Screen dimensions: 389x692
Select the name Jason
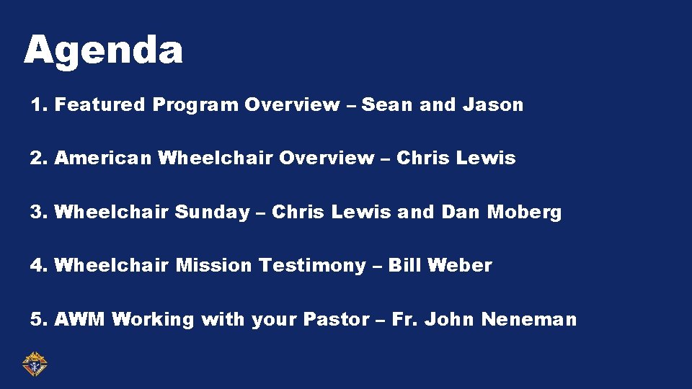point(493,105)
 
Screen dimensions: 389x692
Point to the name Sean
point(388,105)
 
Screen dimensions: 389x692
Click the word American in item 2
point(102,158)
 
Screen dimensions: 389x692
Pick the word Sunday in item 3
point(212,213)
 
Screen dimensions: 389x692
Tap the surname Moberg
point(524,213)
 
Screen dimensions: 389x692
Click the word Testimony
point(312,266)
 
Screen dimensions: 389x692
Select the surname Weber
point(460,266)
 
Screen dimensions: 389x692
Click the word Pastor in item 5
point(338,319)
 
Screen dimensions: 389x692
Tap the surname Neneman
point(529,319)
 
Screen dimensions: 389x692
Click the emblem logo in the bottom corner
point(34,365)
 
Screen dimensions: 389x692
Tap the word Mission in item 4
point(214,266)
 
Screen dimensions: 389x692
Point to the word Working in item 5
point(153,319)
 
